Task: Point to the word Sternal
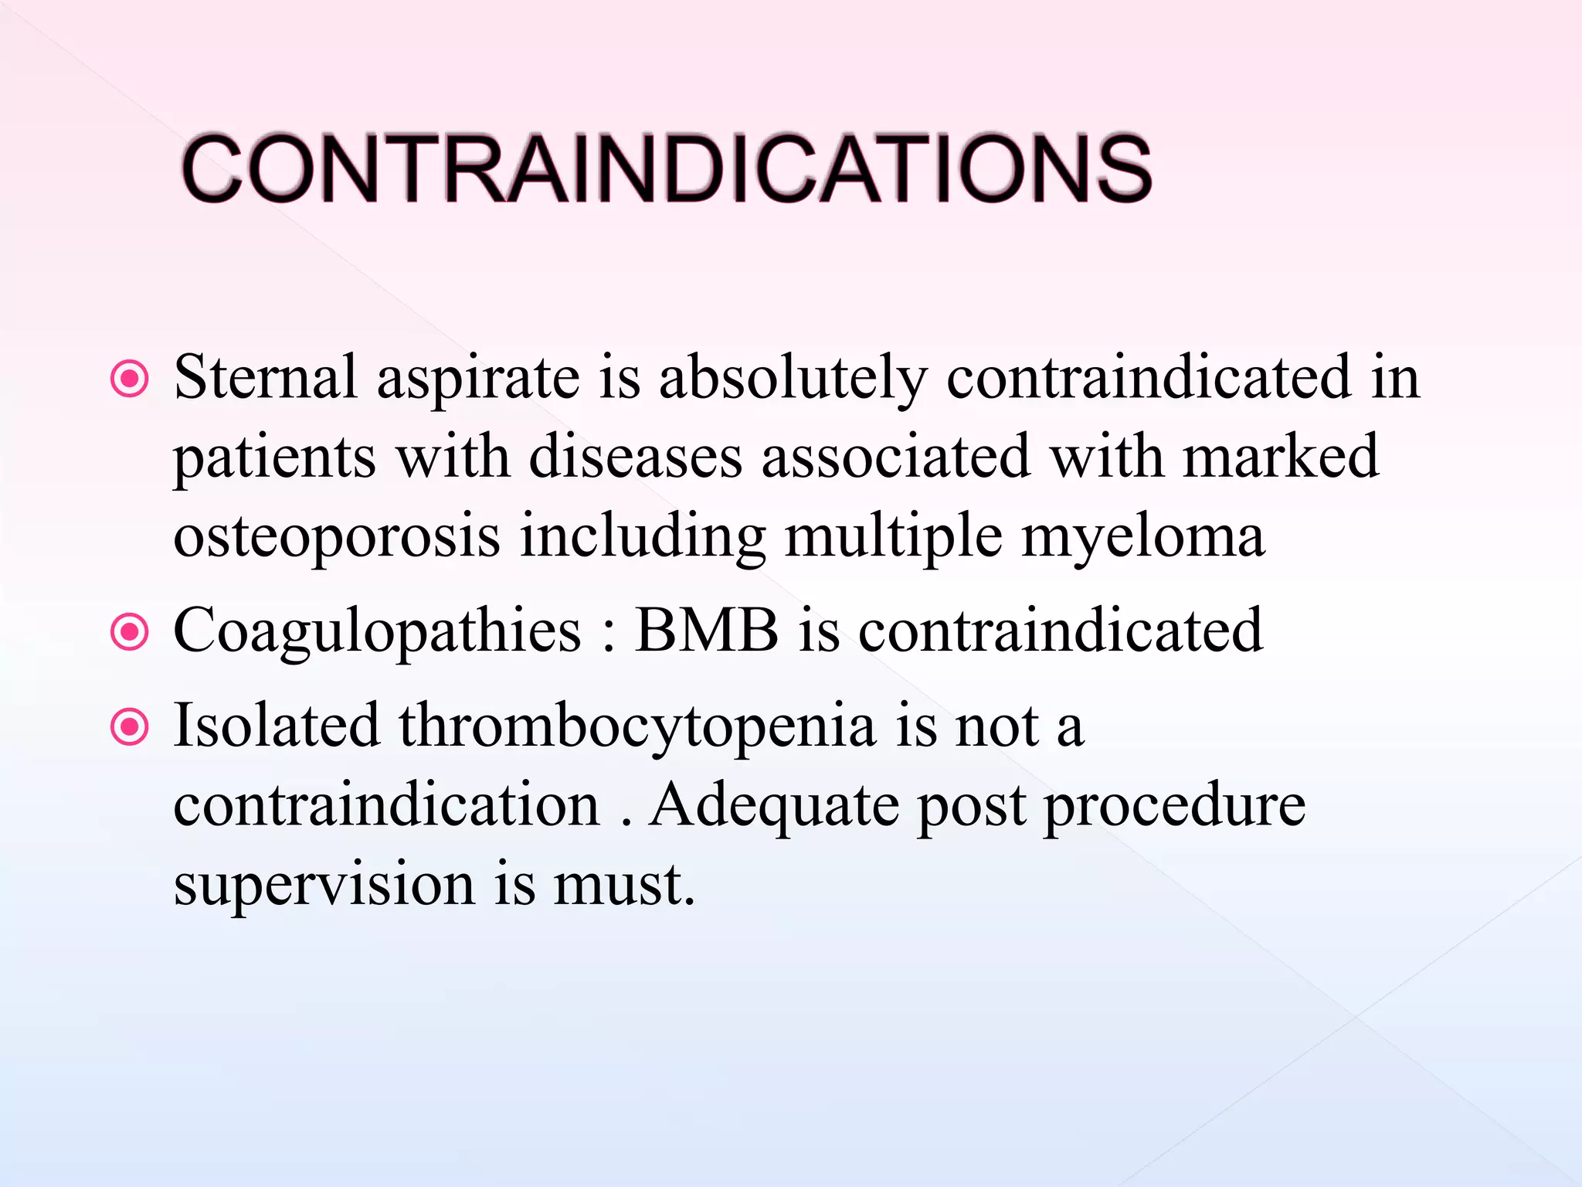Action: (x=265, y=377)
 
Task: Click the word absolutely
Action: (x=793, y=379)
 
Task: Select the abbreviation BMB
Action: (x=706, y=630)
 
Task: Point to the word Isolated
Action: (x=276, y=726)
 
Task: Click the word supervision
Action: (x=324, y=886)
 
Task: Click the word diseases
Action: (x=635, y=457)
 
